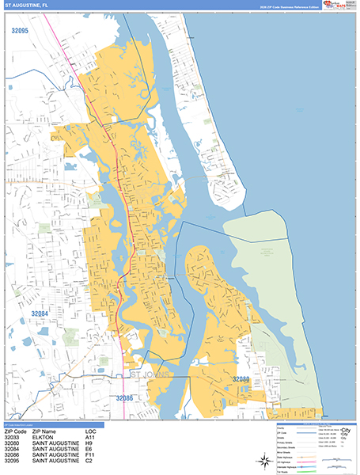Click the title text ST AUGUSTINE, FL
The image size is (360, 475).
click(26, 6)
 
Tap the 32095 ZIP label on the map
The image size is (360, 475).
click(20, 31)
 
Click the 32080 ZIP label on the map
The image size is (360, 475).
click(241, 380)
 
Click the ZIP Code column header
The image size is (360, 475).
click(16, 432)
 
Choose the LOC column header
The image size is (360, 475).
click(92, 432)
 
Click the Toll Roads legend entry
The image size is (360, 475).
click(279, 470)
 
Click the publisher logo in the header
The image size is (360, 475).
click(335, 6)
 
